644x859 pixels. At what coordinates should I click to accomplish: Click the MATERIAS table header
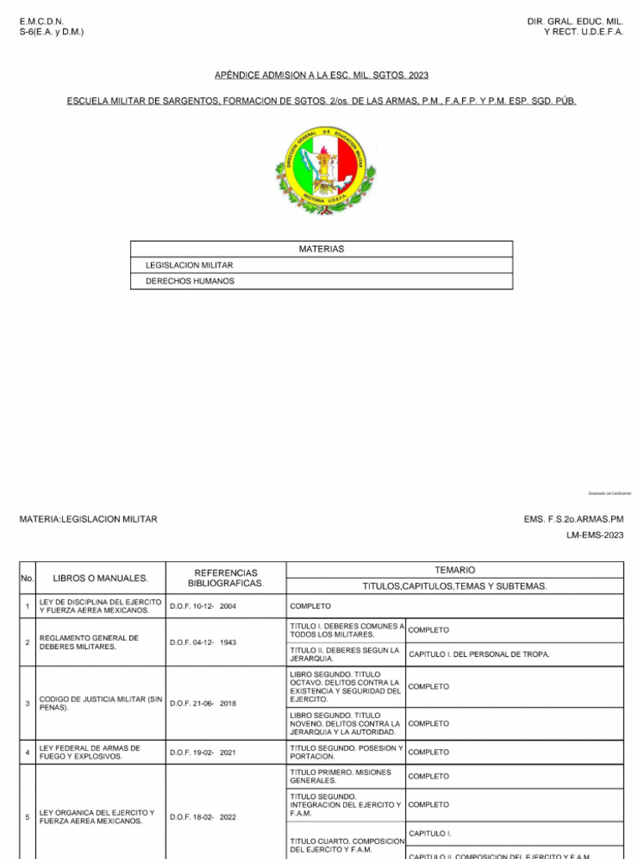[321, 249]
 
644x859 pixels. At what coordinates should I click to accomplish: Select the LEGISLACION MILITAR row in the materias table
[190, 265]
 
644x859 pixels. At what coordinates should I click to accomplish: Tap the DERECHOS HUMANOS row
[190, 281]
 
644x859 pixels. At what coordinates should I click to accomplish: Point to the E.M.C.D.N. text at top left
[42, 20]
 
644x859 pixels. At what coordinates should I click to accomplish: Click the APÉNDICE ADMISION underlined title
[321, 75]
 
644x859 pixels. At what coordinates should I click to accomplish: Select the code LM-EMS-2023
[595, 535]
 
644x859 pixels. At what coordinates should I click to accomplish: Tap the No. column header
[27, 578]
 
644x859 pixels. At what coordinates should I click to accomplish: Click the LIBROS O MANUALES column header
[100, 578]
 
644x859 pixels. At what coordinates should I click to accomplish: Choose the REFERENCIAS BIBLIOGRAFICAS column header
[226, 578]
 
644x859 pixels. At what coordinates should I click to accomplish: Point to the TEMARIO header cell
[454, 570]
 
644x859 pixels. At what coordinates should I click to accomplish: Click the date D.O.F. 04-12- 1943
[203, 643]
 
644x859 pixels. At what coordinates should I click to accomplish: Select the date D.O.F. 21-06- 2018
[203, 703]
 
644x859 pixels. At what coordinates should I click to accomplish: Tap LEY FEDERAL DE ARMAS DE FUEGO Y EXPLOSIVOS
[91, 752]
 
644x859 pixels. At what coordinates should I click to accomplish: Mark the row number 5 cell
[28, 817]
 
